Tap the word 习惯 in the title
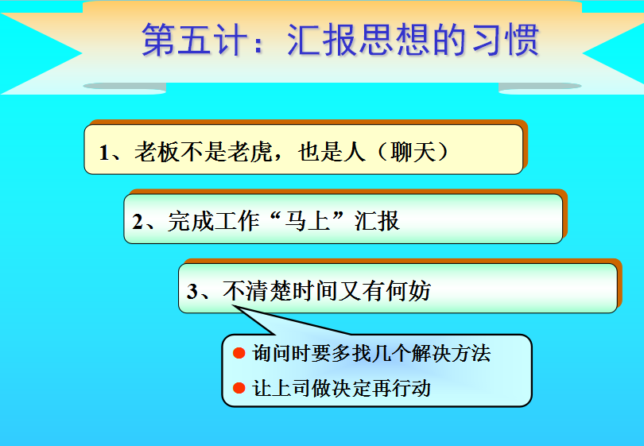tap(506, 40)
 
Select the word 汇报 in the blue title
tap(323, 40)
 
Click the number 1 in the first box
tap(103, 153)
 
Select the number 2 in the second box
tap(138, 222)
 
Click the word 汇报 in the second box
tap(377, 221)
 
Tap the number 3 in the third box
tap(192, 291)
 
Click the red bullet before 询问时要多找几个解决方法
tap(239, 353)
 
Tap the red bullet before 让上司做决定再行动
tap(239, 388)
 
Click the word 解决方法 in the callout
tap(451, 353)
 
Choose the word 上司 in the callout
tap(291, 388)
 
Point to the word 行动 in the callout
tap(411, 388)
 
